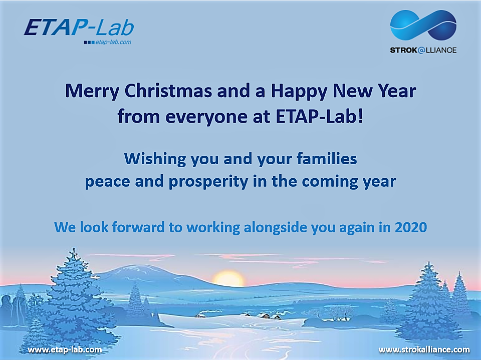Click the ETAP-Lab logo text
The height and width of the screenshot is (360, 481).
point(79,28)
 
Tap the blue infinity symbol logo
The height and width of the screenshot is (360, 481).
point(423,26)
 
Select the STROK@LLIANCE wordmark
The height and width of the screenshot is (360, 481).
point(423,50)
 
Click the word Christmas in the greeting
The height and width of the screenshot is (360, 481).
point(168,91)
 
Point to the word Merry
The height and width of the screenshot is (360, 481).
point(92,92)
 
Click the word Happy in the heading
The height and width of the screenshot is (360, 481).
point(299,92)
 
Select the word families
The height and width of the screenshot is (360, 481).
point(327,159)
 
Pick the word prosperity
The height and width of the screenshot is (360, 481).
point(208,182)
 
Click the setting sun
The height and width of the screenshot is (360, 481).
point(228,278)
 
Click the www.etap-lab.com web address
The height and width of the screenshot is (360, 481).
point(65,350)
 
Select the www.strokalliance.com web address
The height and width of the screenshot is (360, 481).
point(424,350)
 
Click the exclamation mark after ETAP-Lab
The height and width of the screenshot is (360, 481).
point(360,116)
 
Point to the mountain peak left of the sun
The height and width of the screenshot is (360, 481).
point(135,267)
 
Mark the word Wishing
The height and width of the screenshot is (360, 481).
point(155,159)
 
